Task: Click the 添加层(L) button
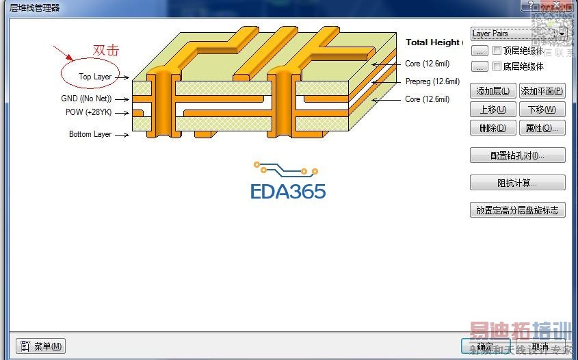[492, 91]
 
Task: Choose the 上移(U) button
[492, 110]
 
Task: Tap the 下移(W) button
[542, 110]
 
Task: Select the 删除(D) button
[492, 128]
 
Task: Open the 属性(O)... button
[542, 128]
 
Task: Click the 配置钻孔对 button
[517, 155]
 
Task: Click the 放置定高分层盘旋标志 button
[517, 210]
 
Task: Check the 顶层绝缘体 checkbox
[497, 51]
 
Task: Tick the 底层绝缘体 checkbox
[497, 66]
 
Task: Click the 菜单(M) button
[41, 346]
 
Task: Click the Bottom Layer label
[90, 134]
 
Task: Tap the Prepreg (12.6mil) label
[432, 81]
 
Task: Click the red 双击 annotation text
[106, 50]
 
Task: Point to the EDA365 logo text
[288, 191]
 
